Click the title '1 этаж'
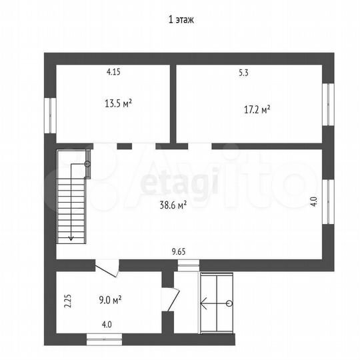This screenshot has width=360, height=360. (x=181, y=20)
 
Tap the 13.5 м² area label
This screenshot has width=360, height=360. (x=118, y=103)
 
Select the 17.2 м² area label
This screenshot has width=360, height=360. (x=257, y=109)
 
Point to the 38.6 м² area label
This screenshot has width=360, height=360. (x=173, y=205)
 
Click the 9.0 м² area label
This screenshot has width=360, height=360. (x=110, y=300)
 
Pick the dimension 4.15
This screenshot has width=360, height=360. (x=113, y=72)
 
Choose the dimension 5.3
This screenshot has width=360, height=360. (x=243, y=73)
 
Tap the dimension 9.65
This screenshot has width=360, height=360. (x=179, y=251)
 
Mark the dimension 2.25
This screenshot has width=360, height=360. (x=68, y=301)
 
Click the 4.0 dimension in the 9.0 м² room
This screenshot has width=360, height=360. (x=107, y=325)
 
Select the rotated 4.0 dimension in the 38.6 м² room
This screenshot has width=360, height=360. (x=314, y=202)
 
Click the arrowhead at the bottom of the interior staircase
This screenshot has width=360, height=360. (x=71, y=238)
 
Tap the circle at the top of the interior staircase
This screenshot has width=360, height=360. (x=87, y=164)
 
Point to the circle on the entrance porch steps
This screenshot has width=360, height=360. (x=229, y=303)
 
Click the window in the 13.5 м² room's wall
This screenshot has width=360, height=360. (x=50, y=115)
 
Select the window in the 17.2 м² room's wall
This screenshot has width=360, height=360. (x=328, y=105)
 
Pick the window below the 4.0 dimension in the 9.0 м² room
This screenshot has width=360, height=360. (x=104, y=339)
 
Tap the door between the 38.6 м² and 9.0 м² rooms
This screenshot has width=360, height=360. (x=107, y=268)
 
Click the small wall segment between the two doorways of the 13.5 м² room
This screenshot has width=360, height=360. (x=125, y=146)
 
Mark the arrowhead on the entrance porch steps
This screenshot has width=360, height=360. (x=203, y=303)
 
